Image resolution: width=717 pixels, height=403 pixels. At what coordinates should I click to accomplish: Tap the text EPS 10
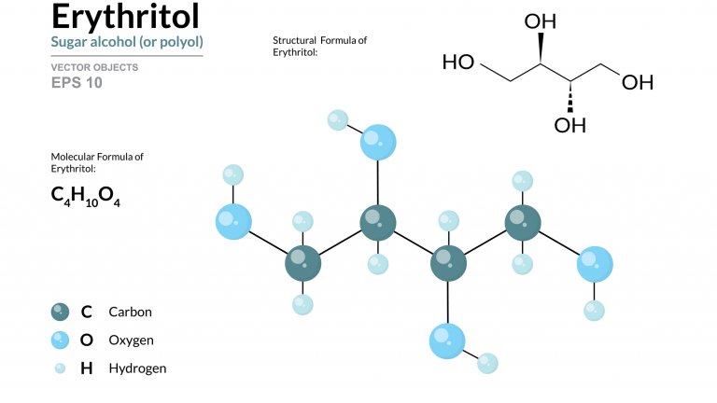click(x=77, y=82)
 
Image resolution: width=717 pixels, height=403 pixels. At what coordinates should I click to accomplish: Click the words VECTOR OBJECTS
click(x=94, y=67)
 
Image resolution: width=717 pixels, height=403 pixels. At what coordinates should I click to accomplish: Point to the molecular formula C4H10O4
click(x=86, y=197)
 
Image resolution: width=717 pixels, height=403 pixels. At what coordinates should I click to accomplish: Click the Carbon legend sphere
click(x=61, y=312)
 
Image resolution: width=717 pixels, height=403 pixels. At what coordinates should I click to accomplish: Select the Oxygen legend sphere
click(x=61, y=340)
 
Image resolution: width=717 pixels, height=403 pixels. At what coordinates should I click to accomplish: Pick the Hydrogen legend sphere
click(x=61, y=368)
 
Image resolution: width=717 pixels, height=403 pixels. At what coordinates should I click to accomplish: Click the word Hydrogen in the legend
click(x=137, y=368)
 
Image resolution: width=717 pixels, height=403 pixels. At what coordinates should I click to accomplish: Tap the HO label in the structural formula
click(x=458, y=63)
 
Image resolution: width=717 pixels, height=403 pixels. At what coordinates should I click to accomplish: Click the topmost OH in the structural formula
click(x=541, y=20)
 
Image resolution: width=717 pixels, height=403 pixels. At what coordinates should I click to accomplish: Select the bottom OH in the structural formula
click(x=569, y=125)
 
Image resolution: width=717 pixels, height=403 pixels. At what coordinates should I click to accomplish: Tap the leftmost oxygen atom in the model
click(x=233, y=222)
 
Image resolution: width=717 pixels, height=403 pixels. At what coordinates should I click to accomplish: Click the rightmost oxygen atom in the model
click(x=595, y=264)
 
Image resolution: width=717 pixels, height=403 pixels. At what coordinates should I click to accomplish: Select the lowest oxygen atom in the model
click(x=447, y=340)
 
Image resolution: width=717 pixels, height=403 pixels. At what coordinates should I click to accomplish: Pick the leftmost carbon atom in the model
click(x=302, y=262)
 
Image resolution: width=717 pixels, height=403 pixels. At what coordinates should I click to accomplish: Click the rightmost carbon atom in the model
click(x=522, y=223)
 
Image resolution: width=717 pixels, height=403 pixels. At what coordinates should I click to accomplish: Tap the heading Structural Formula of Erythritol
click(x=319, y=47)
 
